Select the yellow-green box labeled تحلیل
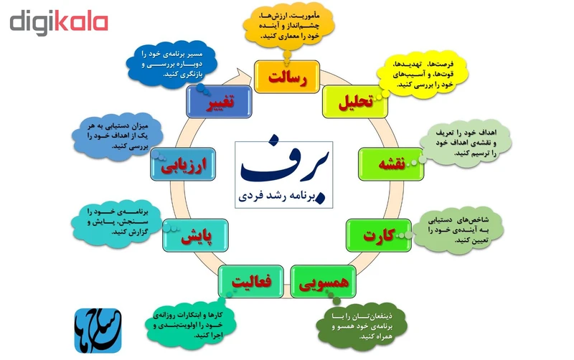(x=354, y=103)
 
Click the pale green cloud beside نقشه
(x=467, y=143)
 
